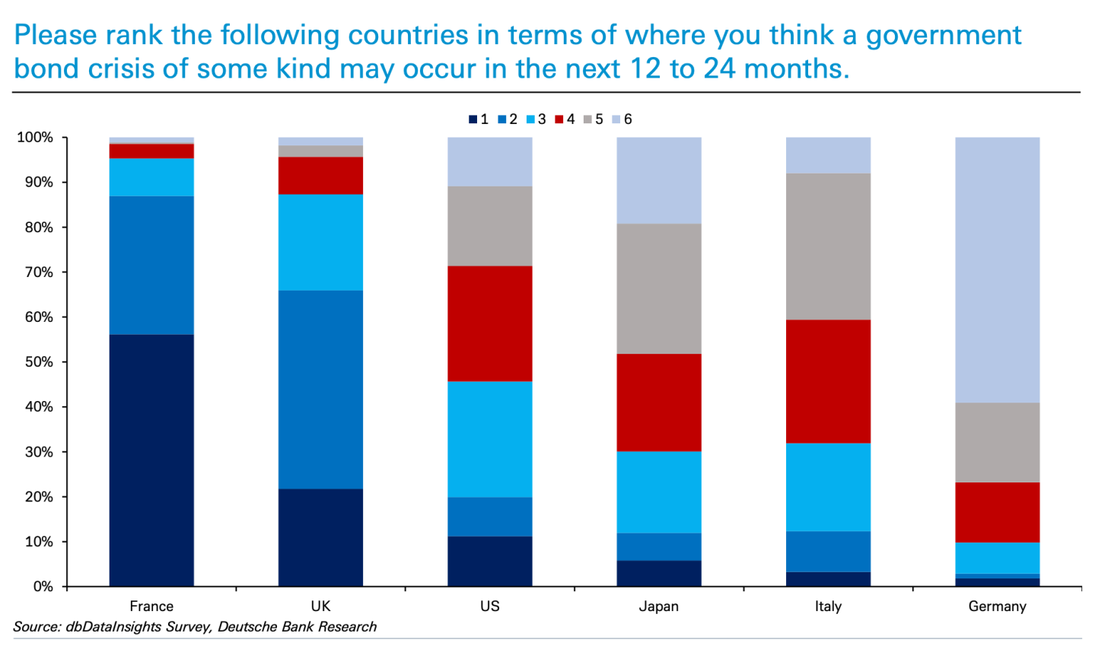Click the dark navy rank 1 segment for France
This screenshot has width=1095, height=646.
pos(151,460)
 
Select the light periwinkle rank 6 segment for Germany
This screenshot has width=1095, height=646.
pos(997,269)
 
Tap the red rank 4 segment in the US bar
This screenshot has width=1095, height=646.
pos(490,323)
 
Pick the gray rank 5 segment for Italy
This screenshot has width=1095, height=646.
pos(828,246)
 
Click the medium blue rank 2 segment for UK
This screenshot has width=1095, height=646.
pos(320,389)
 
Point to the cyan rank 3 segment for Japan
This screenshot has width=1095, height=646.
pos(659,492)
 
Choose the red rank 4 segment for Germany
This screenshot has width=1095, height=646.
pos(997,512)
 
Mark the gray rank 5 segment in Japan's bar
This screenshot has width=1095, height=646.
pos(659,288)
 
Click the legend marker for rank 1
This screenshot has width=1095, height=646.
pos(473,119)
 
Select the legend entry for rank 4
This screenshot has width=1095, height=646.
pos(565,119)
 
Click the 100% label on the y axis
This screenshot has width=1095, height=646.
pos(35,138)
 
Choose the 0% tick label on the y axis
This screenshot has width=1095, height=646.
pos(43,587)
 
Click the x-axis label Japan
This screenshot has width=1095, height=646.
pos(659,606)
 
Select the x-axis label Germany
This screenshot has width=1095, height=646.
pos(997,606)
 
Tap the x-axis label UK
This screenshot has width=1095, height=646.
pos(320,606)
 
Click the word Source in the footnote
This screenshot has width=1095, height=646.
pos(37,627)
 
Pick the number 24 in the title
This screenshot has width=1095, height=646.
pos(720,69)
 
